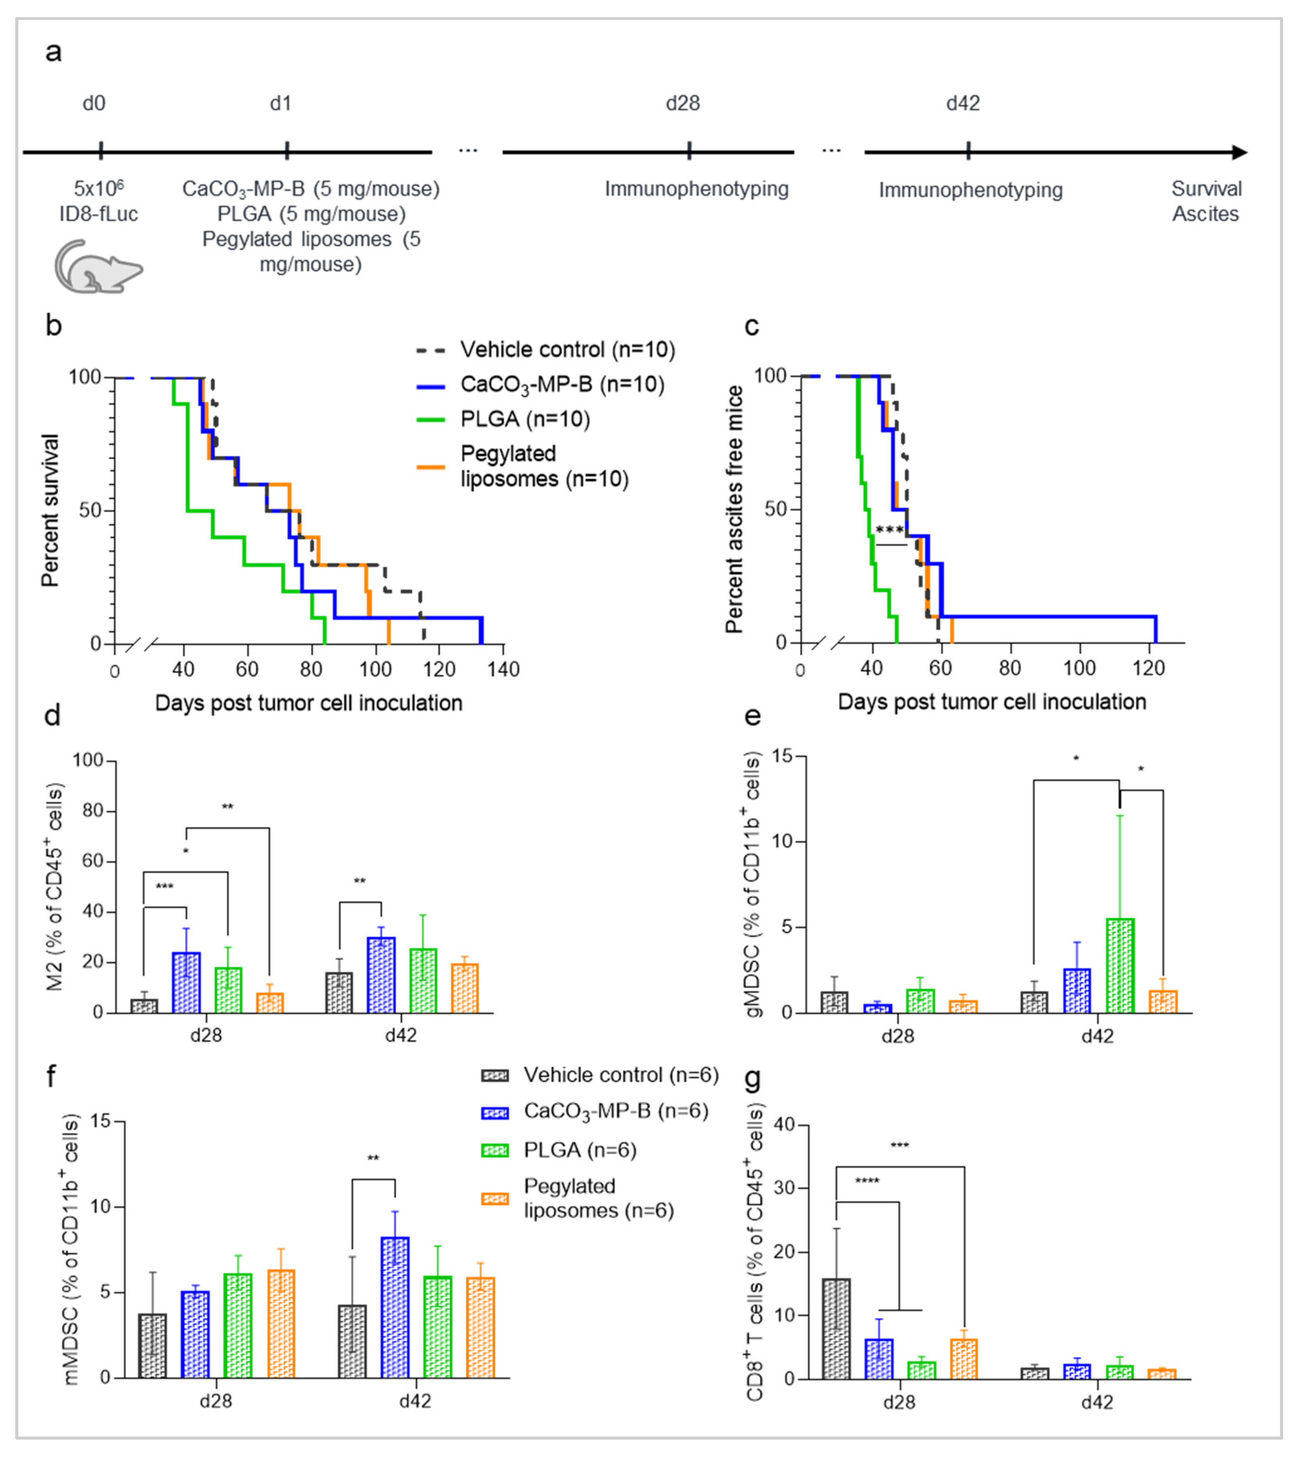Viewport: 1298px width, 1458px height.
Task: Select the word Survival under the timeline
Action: pos(1206,189)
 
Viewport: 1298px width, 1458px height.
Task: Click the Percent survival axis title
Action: pos(50,510)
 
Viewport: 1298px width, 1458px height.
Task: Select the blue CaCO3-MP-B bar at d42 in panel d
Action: pos(381,975)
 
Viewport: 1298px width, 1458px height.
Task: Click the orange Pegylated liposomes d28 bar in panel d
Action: pos(270,1003)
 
